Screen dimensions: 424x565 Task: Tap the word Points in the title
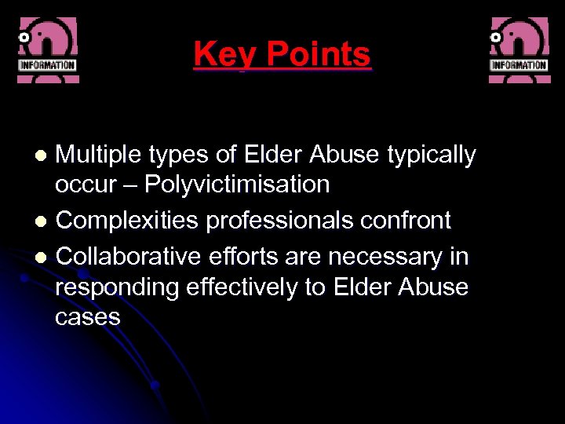318,55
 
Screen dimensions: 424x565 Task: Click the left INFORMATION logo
47,49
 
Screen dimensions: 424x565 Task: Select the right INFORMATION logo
519,49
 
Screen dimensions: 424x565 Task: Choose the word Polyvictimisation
236,185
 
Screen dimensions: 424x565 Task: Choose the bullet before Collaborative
46,258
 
